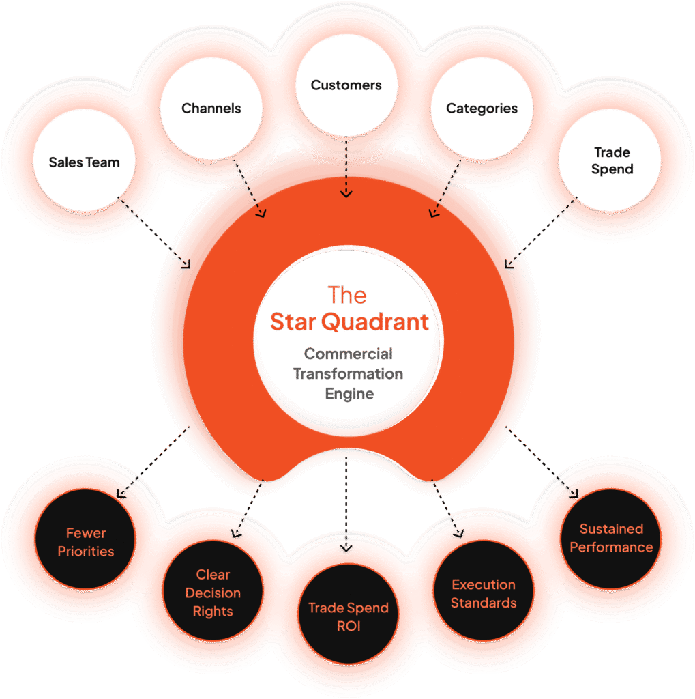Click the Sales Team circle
pyautogui.click(x=84, y=163)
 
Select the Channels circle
pyautogui.click(x=211, y=109)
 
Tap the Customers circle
pyautogui.click(x=346, y=86)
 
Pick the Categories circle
pyautogui.click(x=482, y=109)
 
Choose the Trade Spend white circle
pyautogui.click(x=611, y=161)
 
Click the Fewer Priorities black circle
pyautogui.click(x=86, y=542)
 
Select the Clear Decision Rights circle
pyautogui.click(x=213, y=593)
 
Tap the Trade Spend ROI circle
pyautogui.click(x=348, y=616)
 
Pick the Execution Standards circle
pyautogui.click(x=483, y=593)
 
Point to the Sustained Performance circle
pyautogui.click(x=611, y=538)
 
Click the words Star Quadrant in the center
pyautogui.click(x=349, y=322)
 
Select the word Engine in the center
pyautogui.click(x=349, y=394)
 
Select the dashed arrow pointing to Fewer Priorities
pyautogui.click(x=153, y=461)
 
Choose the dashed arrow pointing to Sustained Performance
pyautogui.click(x=542, y=461)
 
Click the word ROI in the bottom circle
pyautogui.click(x=348, y=625)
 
